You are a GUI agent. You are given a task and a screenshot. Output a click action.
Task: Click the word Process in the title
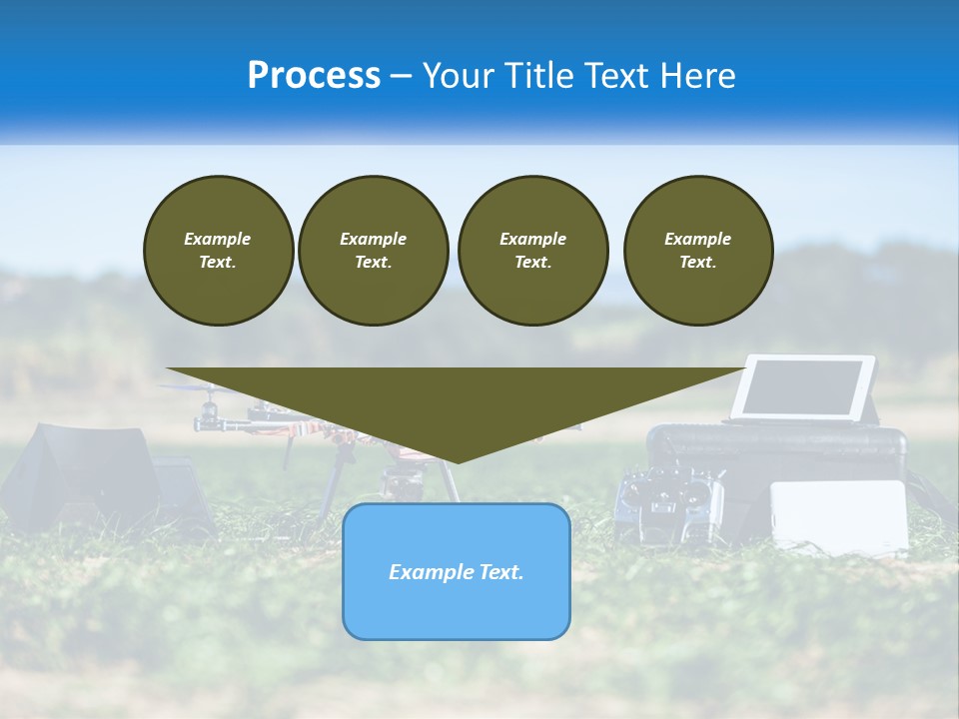click(x=314, y=76)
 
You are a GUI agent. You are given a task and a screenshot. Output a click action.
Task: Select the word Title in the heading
click(x=539, y=76)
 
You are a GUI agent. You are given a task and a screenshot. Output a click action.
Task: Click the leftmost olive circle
click(x=218, y=251)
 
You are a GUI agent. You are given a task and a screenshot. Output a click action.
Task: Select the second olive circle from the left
click(x=373, y=251)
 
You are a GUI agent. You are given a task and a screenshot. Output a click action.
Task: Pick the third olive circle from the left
click(x=532, y=251)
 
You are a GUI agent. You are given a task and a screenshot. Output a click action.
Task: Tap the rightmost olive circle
click(x=698, y=251)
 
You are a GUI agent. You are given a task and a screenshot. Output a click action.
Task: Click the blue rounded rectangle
click(x=457, y=609)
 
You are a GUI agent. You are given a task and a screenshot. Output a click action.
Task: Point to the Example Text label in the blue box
click(x=457, y=572)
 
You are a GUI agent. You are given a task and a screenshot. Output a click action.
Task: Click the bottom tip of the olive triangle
click(x=457, y=461)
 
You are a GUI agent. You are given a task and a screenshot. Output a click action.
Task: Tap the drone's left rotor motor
click(x=209, y=411)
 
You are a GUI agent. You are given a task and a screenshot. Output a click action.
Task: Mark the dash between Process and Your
click(x=402, y=76)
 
